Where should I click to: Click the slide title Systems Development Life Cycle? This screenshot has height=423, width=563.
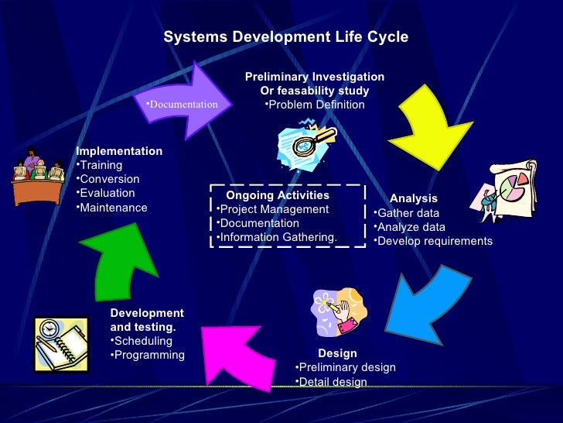point(285,37)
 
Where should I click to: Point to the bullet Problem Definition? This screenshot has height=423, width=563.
point(314,105)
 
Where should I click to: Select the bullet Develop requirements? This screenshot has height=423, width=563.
point(433,241)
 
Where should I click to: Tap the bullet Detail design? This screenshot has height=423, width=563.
point(333,382)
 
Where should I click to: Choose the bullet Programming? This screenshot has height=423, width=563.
point(150,355)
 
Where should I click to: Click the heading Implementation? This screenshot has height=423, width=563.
point(119,151)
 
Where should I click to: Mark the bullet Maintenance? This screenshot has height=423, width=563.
point(114,207)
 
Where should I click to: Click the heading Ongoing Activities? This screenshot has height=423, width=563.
point(277,195)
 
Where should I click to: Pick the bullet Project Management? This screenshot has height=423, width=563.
point(273,209)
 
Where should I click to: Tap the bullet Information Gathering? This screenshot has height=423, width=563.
point(278,237)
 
